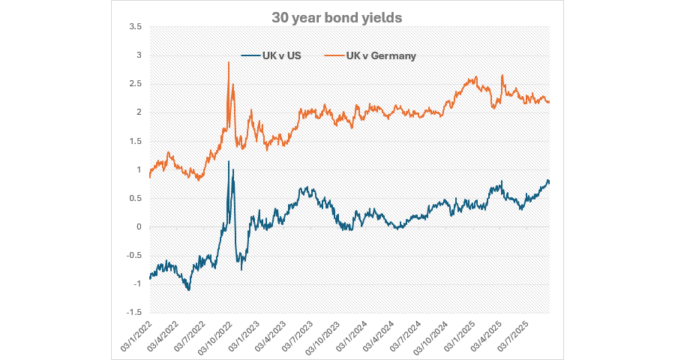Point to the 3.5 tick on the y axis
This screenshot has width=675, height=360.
pos(135,27)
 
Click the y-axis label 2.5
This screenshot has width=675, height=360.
pos(135,84)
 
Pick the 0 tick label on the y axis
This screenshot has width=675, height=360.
pos(138,227)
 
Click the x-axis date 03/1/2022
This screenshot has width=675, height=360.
pos(139,334)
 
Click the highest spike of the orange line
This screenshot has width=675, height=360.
pos(228,62)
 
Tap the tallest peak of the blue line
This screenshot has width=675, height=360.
pos(229,161)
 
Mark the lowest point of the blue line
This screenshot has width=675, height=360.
pos(189,290)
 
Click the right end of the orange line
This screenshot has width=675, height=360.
pos(549,102)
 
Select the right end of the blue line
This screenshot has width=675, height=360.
pos(549,181)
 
